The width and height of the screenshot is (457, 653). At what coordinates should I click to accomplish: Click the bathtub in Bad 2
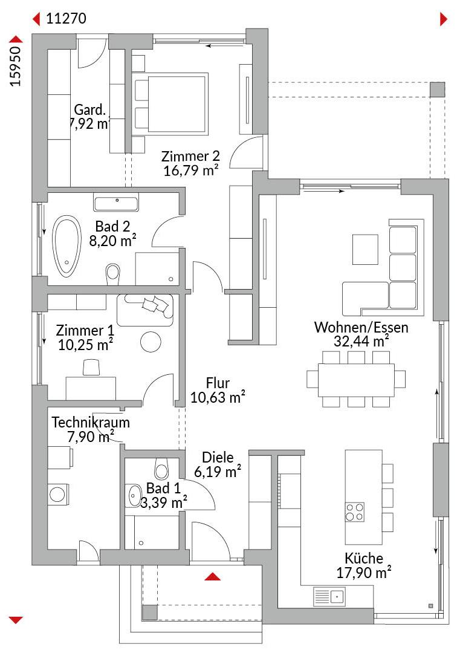[x=66, y=246]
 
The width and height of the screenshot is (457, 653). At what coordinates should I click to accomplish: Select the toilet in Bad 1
[x=161, y=469]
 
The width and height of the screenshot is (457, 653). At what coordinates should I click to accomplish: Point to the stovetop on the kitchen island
[x=355, y=512]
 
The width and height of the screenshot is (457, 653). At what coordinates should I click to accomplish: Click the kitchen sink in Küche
[x=329, y=596]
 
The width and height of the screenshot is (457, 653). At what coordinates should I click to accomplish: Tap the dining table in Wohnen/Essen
[x=356, y=380]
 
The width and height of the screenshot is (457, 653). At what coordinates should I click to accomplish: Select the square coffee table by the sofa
[x=365, y=250]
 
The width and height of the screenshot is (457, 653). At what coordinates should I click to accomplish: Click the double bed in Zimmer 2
[x=169, y=104]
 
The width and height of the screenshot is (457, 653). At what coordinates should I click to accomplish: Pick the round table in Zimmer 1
[x=151, y=342]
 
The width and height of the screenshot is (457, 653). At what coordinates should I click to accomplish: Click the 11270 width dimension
[x=66, y=18]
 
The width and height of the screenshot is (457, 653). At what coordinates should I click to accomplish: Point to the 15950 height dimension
[x=15, y=67]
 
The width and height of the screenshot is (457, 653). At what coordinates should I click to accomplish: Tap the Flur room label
[x=218, y=383]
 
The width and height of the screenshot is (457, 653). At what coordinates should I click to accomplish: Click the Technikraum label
[x=91, y=422]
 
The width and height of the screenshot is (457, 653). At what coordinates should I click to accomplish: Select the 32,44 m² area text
[x=361, y=341]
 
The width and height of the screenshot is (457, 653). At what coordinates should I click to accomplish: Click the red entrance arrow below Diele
[x=213, y=576]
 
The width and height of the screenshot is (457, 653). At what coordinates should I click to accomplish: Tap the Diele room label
[x=218, y=457]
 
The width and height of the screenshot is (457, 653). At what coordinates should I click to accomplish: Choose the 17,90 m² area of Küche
[x=364, y=573]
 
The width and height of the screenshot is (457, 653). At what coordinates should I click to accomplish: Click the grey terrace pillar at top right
[x=438, y=89]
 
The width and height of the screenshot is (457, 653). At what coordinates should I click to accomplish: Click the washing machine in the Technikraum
[x=58, y=495]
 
